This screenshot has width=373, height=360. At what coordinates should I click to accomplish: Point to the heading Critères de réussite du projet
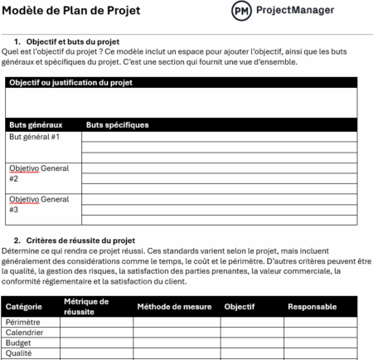80,241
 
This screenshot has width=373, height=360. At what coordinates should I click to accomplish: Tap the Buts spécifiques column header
118,125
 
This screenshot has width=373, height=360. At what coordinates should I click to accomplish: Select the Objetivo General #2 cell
39,173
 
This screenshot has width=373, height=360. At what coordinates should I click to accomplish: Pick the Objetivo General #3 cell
39,204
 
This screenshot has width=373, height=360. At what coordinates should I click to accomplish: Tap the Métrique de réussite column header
86,306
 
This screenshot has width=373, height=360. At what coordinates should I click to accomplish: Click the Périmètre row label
24,324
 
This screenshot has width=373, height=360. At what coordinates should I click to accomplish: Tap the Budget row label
19,343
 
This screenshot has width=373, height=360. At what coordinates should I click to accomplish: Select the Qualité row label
19,353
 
